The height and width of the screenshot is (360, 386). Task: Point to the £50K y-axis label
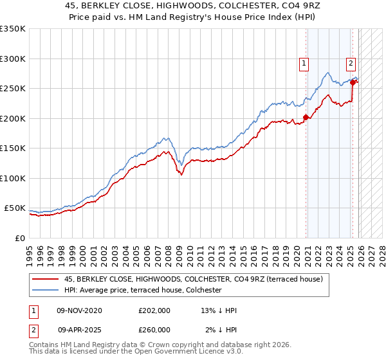click(15, 209)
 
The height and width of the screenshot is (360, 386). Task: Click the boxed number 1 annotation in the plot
click(302, 63)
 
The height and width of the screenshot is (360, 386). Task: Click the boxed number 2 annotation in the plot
click(351, 63)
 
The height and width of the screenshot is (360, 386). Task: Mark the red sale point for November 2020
click(306, 118)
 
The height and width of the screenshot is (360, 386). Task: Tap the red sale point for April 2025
click(353, 82)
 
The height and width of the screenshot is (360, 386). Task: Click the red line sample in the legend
click(46, 279)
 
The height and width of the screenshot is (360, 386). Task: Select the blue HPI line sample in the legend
click(46, 290)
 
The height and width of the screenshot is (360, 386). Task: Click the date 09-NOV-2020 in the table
click(79, 310)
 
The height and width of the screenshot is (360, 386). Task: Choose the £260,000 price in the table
click(154, 329)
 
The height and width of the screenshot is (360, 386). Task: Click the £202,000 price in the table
click(154, 310)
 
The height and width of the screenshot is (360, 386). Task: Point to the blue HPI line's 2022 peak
click(328, 73)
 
